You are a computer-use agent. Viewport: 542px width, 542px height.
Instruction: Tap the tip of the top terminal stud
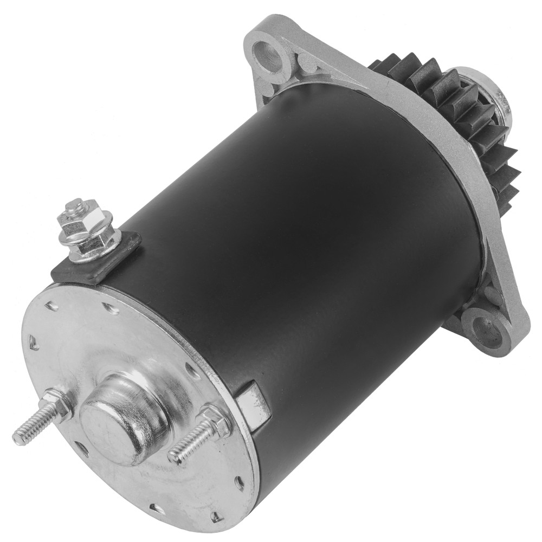click(74, 205)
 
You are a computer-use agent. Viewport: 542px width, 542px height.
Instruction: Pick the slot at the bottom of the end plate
click(157, 507)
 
